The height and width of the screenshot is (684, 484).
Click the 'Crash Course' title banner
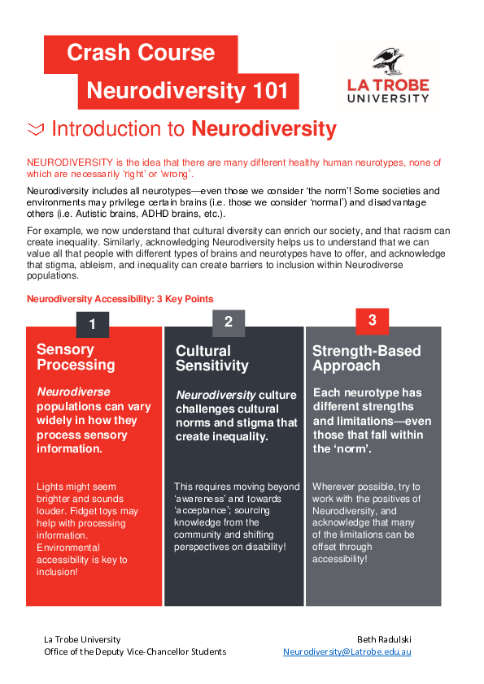[x=141, y=54]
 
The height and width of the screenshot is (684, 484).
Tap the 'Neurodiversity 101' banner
[x=187, y=90]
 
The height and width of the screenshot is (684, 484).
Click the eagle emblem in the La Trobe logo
[x=388, y=62]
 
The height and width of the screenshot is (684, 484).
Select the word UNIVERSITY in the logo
[x=388, y=97]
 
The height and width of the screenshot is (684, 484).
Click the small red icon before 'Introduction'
[x=35, y=128]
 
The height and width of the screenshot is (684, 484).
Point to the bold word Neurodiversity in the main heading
[x=264, y=128]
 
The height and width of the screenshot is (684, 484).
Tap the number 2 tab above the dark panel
[x=229, y=323]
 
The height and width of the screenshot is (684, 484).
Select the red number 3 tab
[x=372, y=320]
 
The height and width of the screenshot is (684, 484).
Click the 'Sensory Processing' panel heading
[x=76, y=357]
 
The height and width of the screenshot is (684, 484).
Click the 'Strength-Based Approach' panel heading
[x=366, y=358]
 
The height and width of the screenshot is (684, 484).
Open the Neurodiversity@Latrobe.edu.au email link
[x=347, y=652]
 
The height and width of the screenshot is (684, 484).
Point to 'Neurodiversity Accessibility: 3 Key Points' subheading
[x=120, y=299]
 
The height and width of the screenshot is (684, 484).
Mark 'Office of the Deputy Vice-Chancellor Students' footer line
[x=135, y=652]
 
